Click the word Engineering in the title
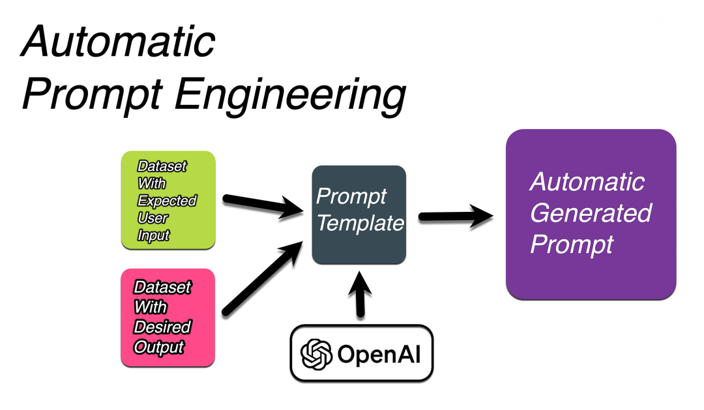pos(290,95)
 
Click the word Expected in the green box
pos(167,201)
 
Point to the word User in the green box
pos(153,218)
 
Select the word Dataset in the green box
pos(162,166)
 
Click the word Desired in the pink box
pos(162,327)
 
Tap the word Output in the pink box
pos(158,347)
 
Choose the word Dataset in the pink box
pos(162,287)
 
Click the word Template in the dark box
pos(360,224)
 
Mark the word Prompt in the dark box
pos(351,196)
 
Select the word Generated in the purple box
pos(591,213)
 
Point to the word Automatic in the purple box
pos(587,182)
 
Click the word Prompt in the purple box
pos(572,244)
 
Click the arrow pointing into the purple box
pos(456,216)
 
